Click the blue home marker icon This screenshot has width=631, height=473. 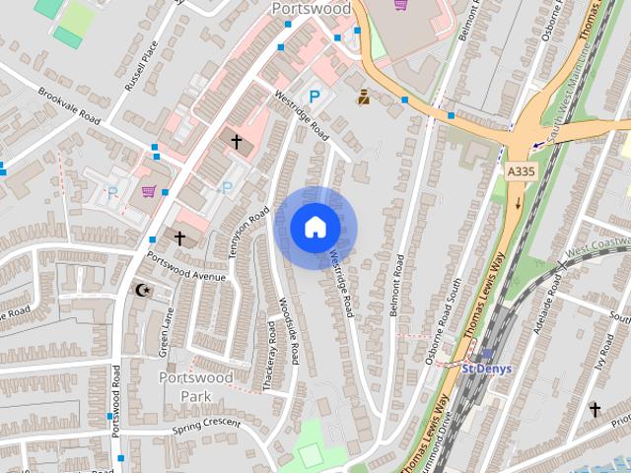(x=315, y=228)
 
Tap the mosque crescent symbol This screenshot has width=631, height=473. (x=144, y=290)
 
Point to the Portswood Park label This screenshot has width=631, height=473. (x=195, y=386)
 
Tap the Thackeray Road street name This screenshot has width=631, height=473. (x=270, y=355)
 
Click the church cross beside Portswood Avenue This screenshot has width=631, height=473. (x=179, y=237)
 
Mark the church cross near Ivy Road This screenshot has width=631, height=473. (x=595, y=408)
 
